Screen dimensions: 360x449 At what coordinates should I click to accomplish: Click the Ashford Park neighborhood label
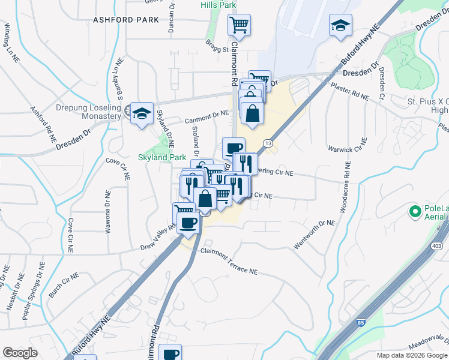pyautogui.click(x=126, y=20)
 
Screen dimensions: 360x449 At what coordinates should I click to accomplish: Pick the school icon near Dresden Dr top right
pyautogui.click(x=340, y=26)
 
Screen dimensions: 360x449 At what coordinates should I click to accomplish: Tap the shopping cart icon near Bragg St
pyautogui.click(x=239, y=26)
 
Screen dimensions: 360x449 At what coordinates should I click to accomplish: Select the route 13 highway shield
pyautogui.click(x=268, y=143)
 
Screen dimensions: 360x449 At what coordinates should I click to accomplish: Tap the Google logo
pyautogui.click(x=20, y=353)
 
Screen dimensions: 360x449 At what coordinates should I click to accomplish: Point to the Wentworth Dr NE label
pyautogui.click(x=314, y=235)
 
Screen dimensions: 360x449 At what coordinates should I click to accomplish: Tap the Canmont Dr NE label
pyautogui.click(x=207, y=113)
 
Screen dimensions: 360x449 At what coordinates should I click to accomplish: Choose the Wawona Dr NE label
pyautogui.click(x=107, y=211)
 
